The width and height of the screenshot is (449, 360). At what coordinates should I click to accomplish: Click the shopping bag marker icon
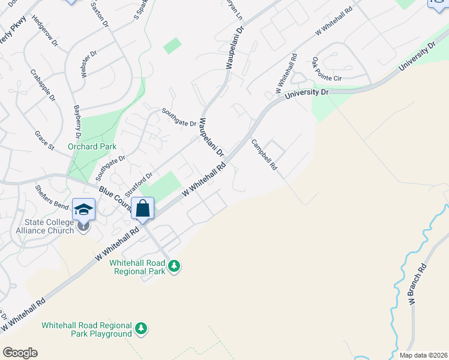(143, 209)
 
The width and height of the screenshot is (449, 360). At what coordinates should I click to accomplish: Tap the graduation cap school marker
(84, 209)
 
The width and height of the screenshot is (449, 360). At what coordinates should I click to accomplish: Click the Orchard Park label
(92, 146)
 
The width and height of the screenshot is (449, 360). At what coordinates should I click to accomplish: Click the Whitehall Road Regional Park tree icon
(174, 265)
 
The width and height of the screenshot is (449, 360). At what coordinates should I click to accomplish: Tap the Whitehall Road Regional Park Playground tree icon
(141, 328)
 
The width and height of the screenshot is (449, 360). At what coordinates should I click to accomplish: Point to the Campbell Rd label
(264, 155)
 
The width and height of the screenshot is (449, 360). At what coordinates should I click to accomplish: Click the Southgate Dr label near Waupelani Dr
(179, 117)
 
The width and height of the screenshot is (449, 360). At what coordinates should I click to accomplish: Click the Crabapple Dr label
(43, 85)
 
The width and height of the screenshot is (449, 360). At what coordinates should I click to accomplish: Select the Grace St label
(44, 140)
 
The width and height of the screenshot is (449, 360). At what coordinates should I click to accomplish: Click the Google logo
(19, 353)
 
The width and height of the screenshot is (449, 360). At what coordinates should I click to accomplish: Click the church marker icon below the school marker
(83, 226)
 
